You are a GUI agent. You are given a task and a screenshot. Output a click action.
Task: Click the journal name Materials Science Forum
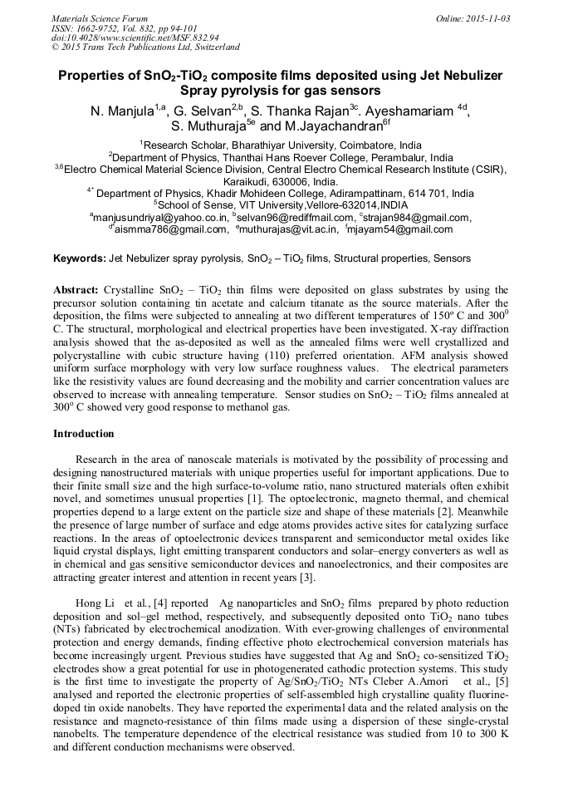point(100,17)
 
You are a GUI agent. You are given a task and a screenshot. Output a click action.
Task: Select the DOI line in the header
point(135,37)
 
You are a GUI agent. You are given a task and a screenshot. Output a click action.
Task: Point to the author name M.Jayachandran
point(331,128)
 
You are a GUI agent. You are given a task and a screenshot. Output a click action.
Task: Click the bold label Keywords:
point(80,259)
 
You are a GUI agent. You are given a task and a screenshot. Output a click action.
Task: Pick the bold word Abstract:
point(76,290)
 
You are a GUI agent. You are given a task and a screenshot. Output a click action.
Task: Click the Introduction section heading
point(84,434)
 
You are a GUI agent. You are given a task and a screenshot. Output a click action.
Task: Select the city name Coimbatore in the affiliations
point(364,143)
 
